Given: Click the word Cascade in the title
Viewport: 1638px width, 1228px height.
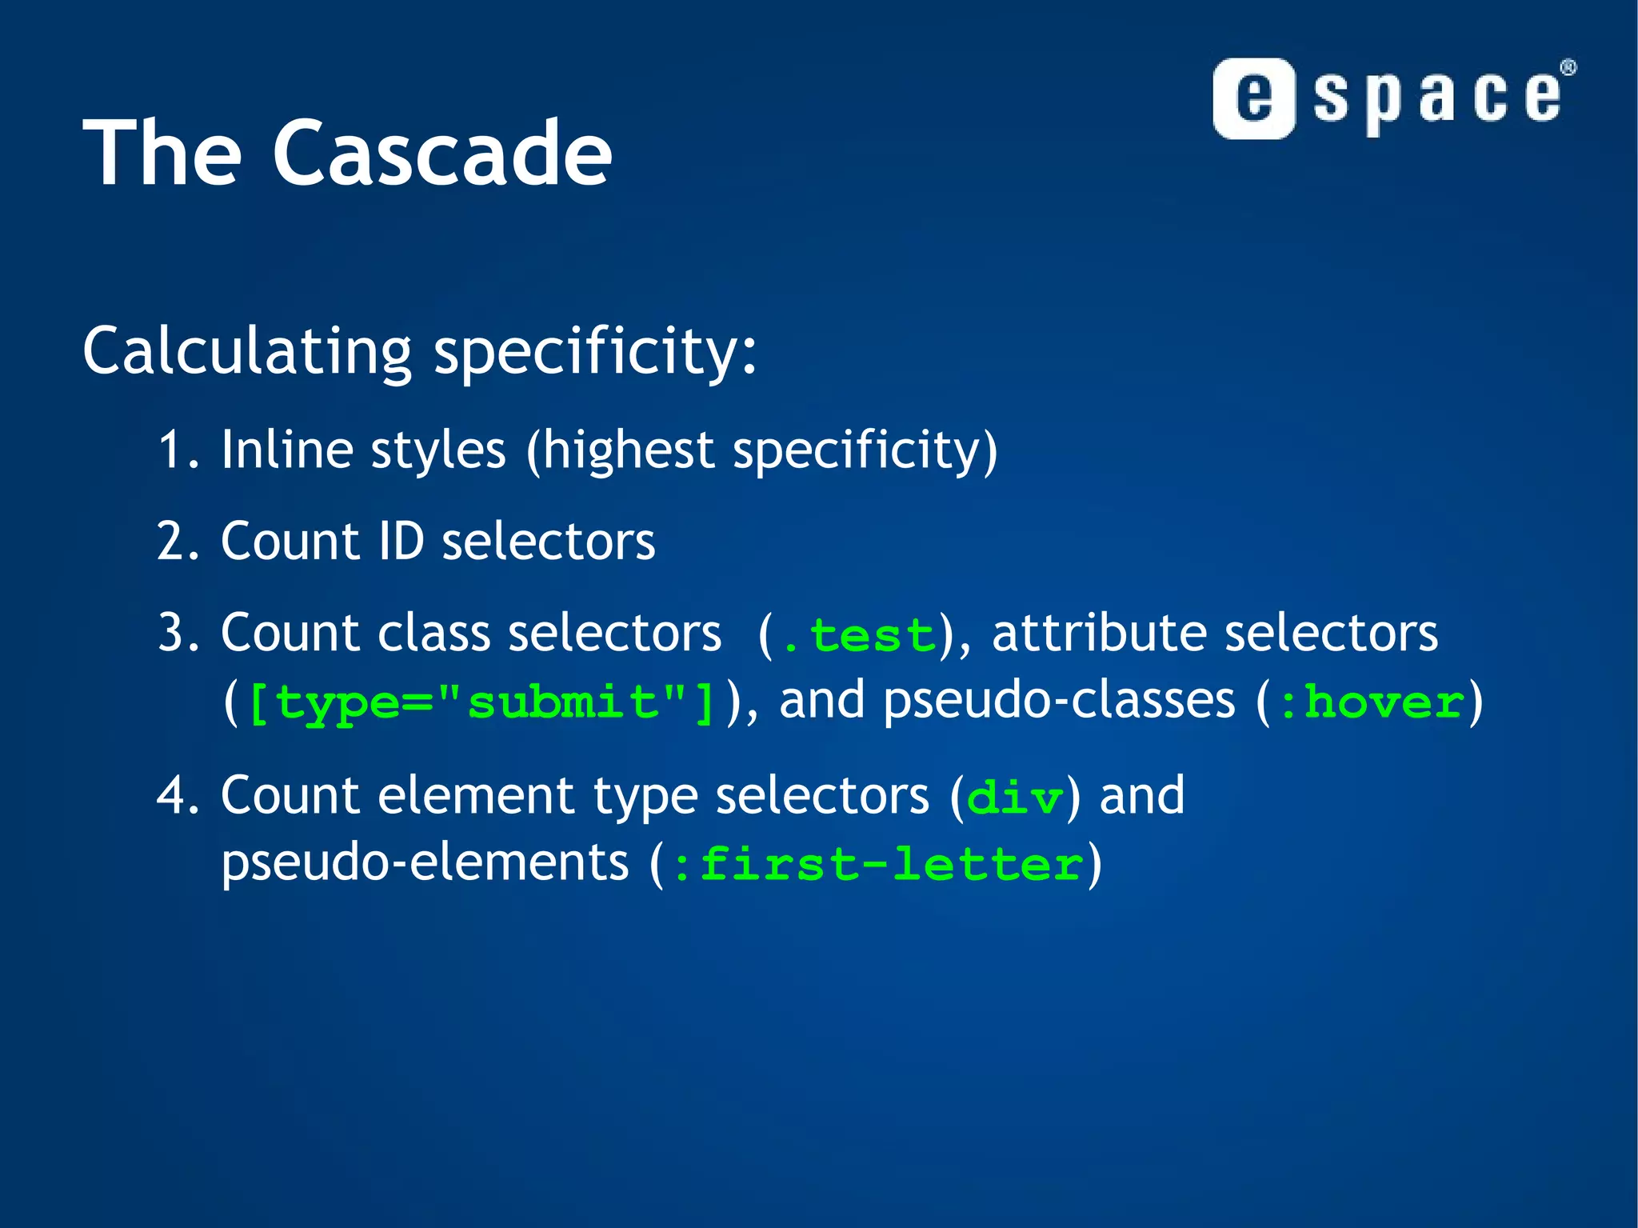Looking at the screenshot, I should [442, 154].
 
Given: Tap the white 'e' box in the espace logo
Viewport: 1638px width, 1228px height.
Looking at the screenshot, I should [1253, 99].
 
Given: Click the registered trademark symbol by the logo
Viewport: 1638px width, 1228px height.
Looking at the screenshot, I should [1568, 68].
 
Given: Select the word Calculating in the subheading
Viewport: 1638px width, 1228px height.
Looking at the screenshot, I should [247, 352].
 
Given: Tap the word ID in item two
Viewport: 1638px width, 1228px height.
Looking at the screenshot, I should [400, 542].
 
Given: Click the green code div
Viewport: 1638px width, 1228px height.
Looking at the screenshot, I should [1015, 799].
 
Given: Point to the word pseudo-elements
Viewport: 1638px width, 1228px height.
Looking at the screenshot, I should [425, 864].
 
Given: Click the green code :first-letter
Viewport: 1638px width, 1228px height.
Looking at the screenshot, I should [877, 866].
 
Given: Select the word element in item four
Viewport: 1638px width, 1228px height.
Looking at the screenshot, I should [475, 796].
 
